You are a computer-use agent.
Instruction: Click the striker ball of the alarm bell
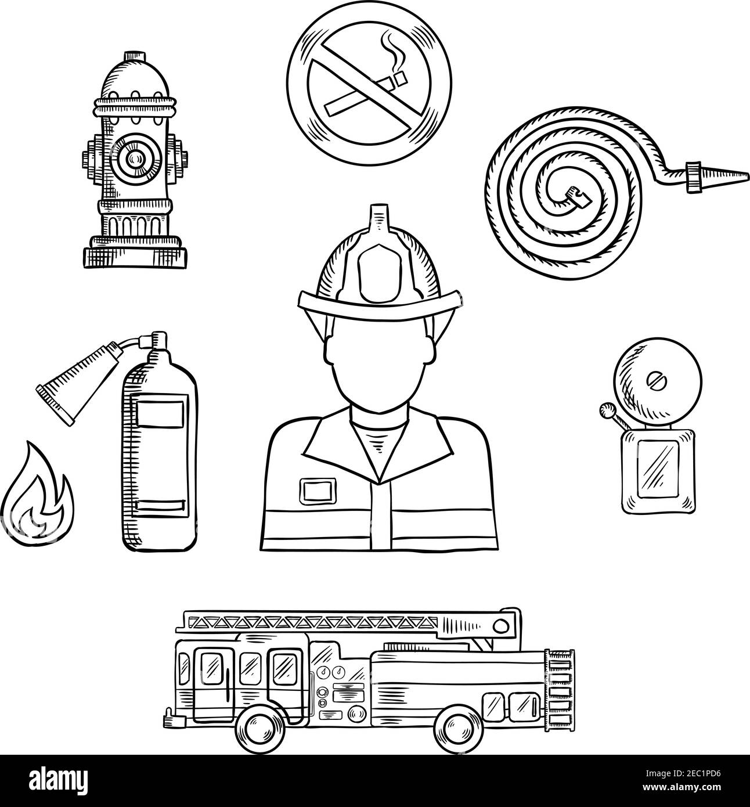click(x=607, y=410)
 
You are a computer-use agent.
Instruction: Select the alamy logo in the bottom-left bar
click(x=52, y=780)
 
